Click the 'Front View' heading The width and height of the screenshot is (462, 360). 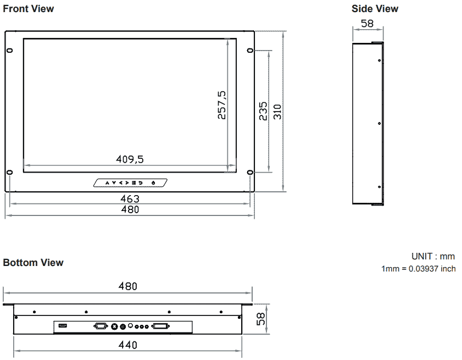[29, 9]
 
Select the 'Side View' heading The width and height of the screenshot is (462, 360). [375, 9]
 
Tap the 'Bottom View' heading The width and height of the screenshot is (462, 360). [34, 263]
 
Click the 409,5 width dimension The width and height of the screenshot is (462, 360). [130, 159]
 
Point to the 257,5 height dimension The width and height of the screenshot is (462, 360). [221, 105]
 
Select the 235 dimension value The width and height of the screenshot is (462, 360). [263, 111]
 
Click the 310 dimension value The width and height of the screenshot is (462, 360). [277, 112]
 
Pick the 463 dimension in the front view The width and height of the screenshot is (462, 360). [130, 198]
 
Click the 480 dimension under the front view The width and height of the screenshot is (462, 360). [130, 209]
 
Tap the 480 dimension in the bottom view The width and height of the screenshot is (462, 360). [127, 286]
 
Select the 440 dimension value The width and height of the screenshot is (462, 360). [127, 345]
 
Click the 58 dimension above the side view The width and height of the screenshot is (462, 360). [367, 24]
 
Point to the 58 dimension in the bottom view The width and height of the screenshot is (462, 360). [261, 319]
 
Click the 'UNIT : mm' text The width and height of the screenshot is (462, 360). [433, 257]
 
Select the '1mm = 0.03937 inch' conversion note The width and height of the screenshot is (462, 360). [418, 269]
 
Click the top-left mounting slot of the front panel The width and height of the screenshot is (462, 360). [10, 51]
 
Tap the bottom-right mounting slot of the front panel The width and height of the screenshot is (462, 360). [250, 173]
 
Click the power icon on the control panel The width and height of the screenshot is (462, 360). [153, 182]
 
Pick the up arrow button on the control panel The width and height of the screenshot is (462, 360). [108, 182]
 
